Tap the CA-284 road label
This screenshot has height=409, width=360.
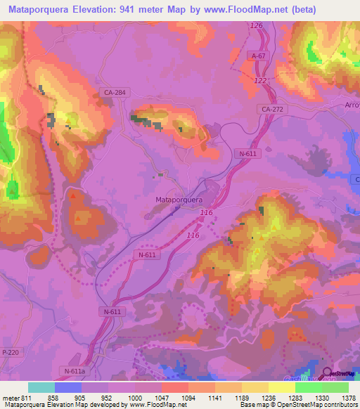point(115,92)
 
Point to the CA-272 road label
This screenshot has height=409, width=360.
point(271,110)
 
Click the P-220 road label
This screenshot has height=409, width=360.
point(10,352)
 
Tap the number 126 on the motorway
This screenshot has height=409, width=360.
point(256,26)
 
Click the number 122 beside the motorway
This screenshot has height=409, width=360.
point(260,81)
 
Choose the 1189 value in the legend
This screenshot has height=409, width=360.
point(241,397)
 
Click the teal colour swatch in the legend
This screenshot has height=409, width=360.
point(41,387)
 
